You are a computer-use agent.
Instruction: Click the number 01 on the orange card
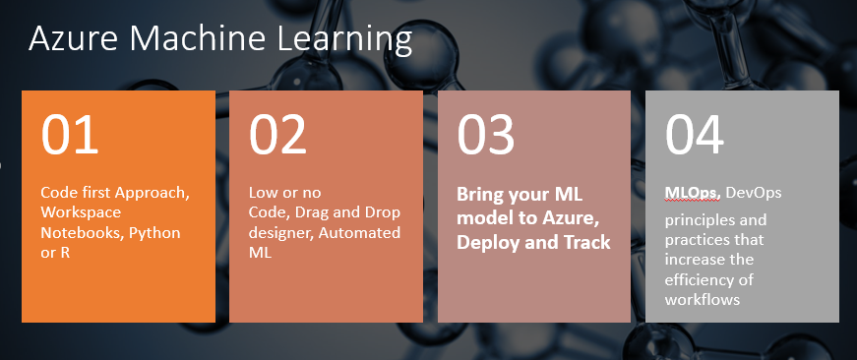70,135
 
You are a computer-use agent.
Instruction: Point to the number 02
277,135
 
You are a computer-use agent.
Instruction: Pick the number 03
486,135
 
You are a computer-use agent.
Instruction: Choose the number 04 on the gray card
694,135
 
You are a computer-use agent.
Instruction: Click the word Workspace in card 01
81,213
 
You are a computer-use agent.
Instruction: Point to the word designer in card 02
280,234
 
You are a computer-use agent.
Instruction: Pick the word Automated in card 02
359,233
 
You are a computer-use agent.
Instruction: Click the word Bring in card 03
480,195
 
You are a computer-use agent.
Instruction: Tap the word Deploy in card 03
487,243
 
